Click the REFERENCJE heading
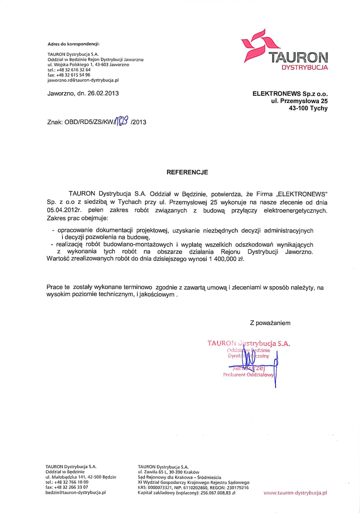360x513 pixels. tap(187, 171)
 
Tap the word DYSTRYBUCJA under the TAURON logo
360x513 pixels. tap(305, 67)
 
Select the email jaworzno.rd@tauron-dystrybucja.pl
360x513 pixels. tap(83, 80)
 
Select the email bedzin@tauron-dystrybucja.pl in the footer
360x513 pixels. tap(76, 493)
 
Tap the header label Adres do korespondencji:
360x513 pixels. tap(73, 44)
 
